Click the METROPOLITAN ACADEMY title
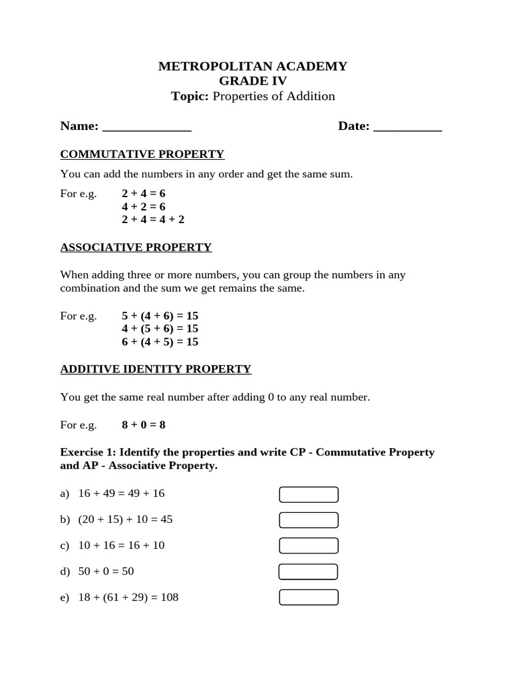tap(252, 66)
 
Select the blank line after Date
tap(408, 127)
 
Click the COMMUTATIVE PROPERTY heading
tap(142, 155)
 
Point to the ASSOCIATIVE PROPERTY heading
tap(136, 247)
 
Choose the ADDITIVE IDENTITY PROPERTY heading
tap(156, 369)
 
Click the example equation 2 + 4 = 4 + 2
tap(153, 219)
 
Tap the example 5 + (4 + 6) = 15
tap(160, 316)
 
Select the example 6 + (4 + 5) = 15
tap(160, 342)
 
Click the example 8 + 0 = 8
tap(143, 424)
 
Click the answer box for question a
tap(308, 494)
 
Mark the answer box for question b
tap(308, 519)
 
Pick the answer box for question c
tap(308, 545)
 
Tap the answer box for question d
tap(307, 571)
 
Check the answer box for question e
tap(308, 597)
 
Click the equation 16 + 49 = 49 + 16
tap(121, 494)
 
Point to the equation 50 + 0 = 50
tap(106, 571)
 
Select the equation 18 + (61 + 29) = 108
tap(128, 597)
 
